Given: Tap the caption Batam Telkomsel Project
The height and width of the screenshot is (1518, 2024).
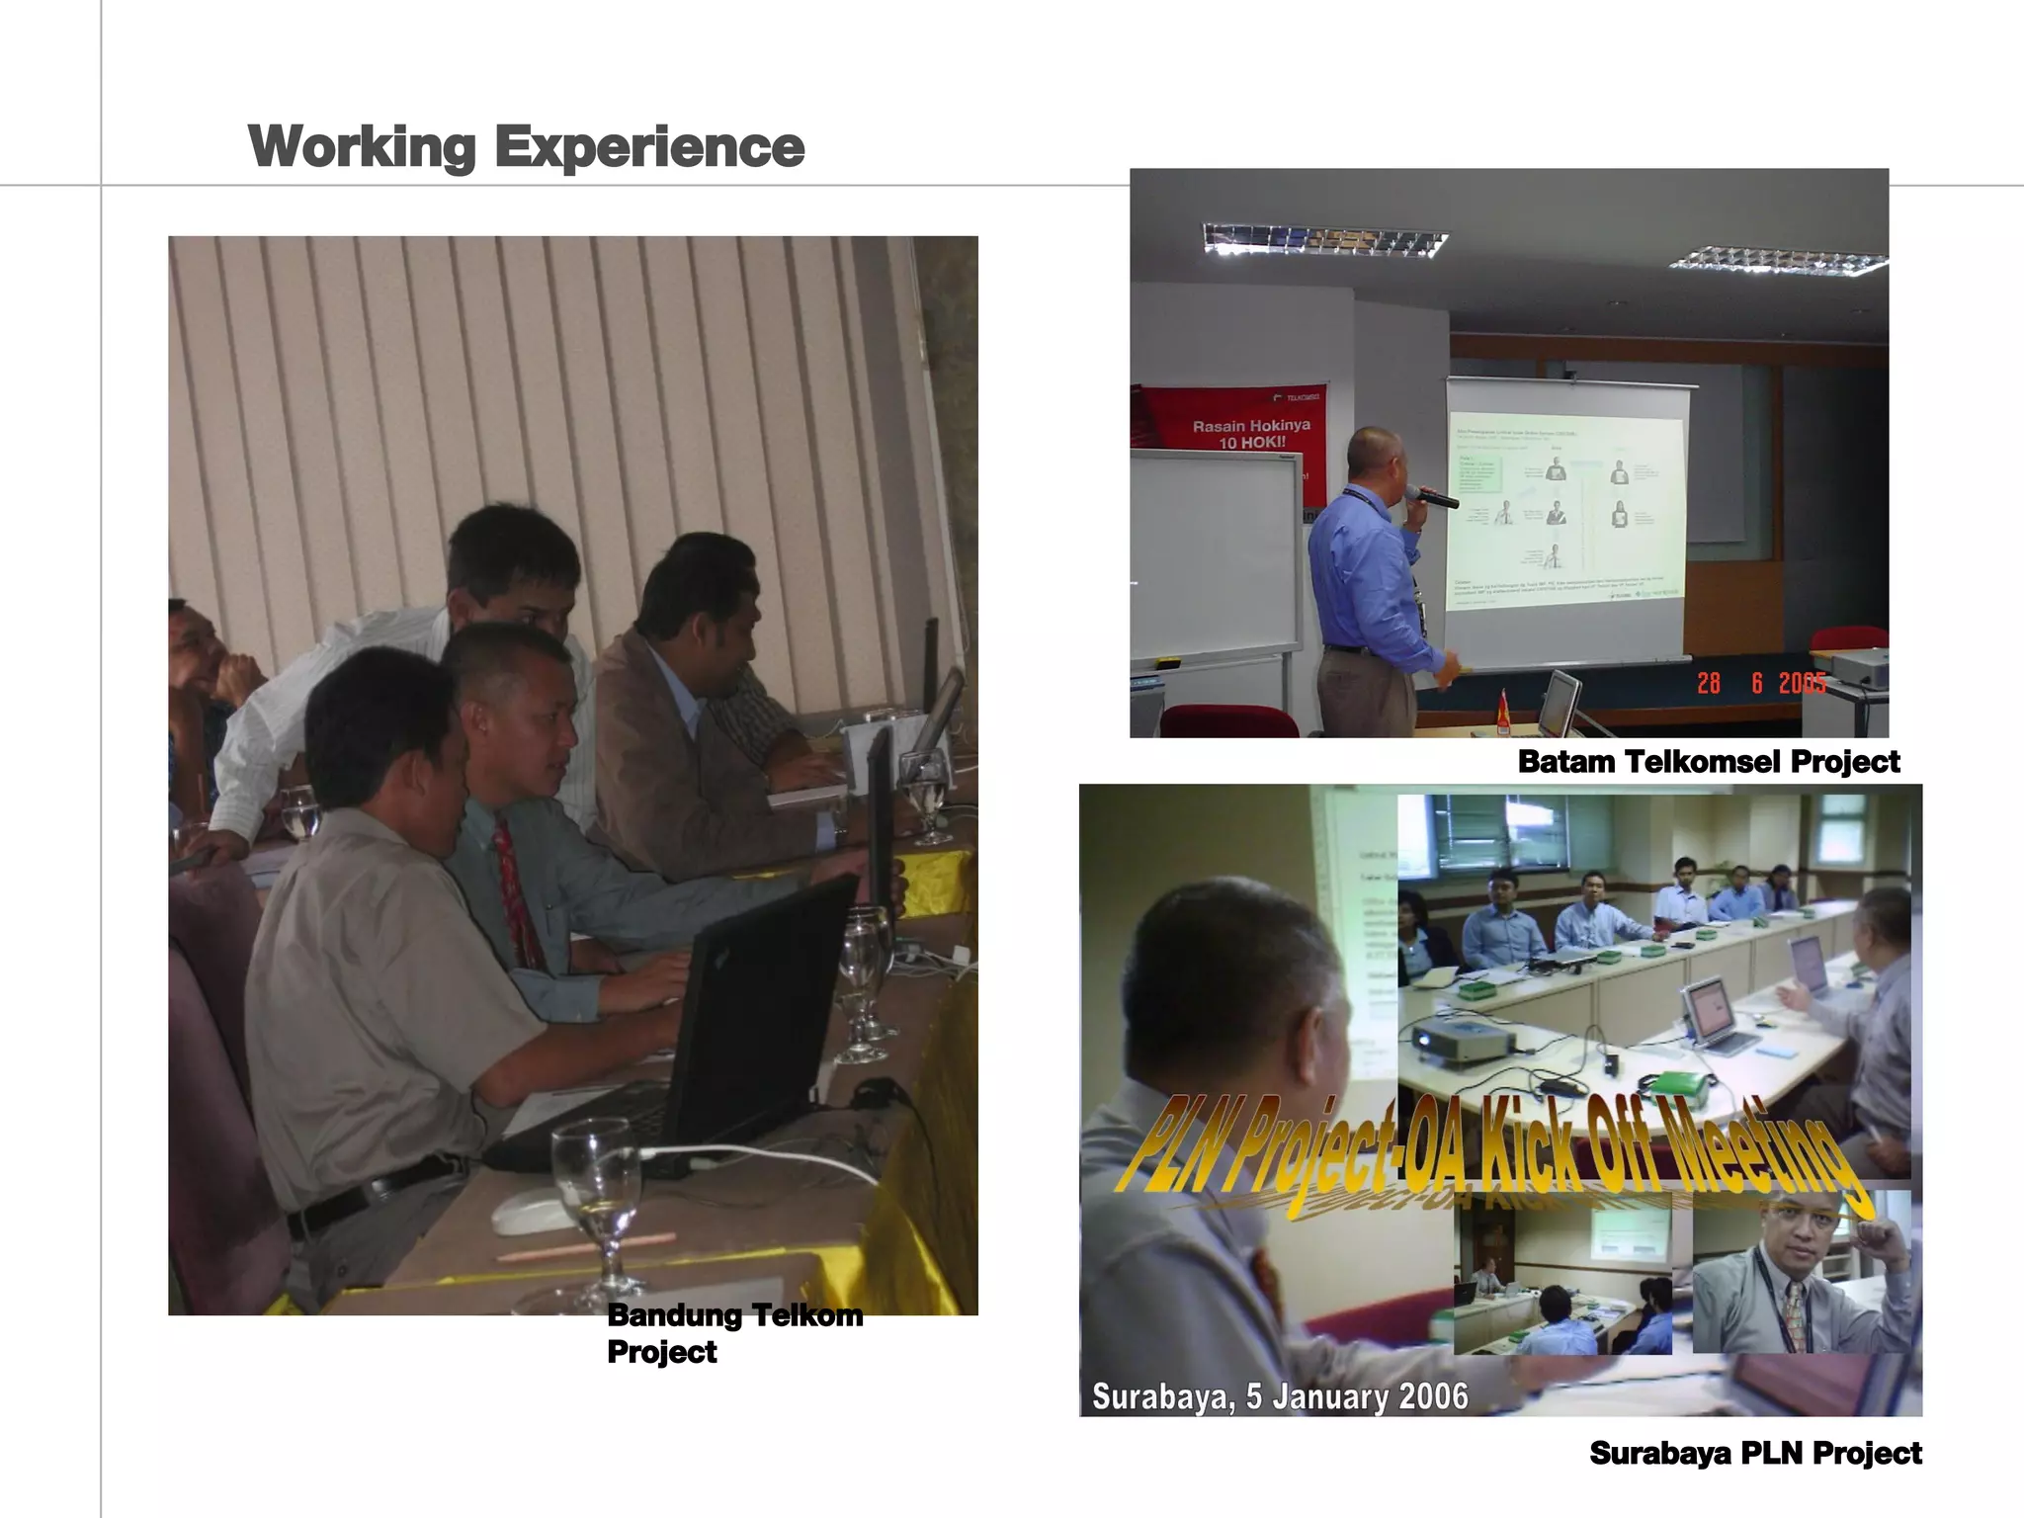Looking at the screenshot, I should [1708, 762].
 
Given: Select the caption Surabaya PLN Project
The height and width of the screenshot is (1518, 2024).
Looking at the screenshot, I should [1755, 1453].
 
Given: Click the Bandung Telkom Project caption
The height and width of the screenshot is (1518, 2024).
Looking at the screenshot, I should [733, 1332].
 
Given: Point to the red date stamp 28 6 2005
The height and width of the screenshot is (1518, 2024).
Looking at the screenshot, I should [1760, 683].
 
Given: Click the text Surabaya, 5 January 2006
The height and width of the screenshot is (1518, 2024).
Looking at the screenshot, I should [1279, 1396].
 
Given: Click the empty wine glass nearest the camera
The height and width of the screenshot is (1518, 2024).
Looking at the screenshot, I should [596, 1196].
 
